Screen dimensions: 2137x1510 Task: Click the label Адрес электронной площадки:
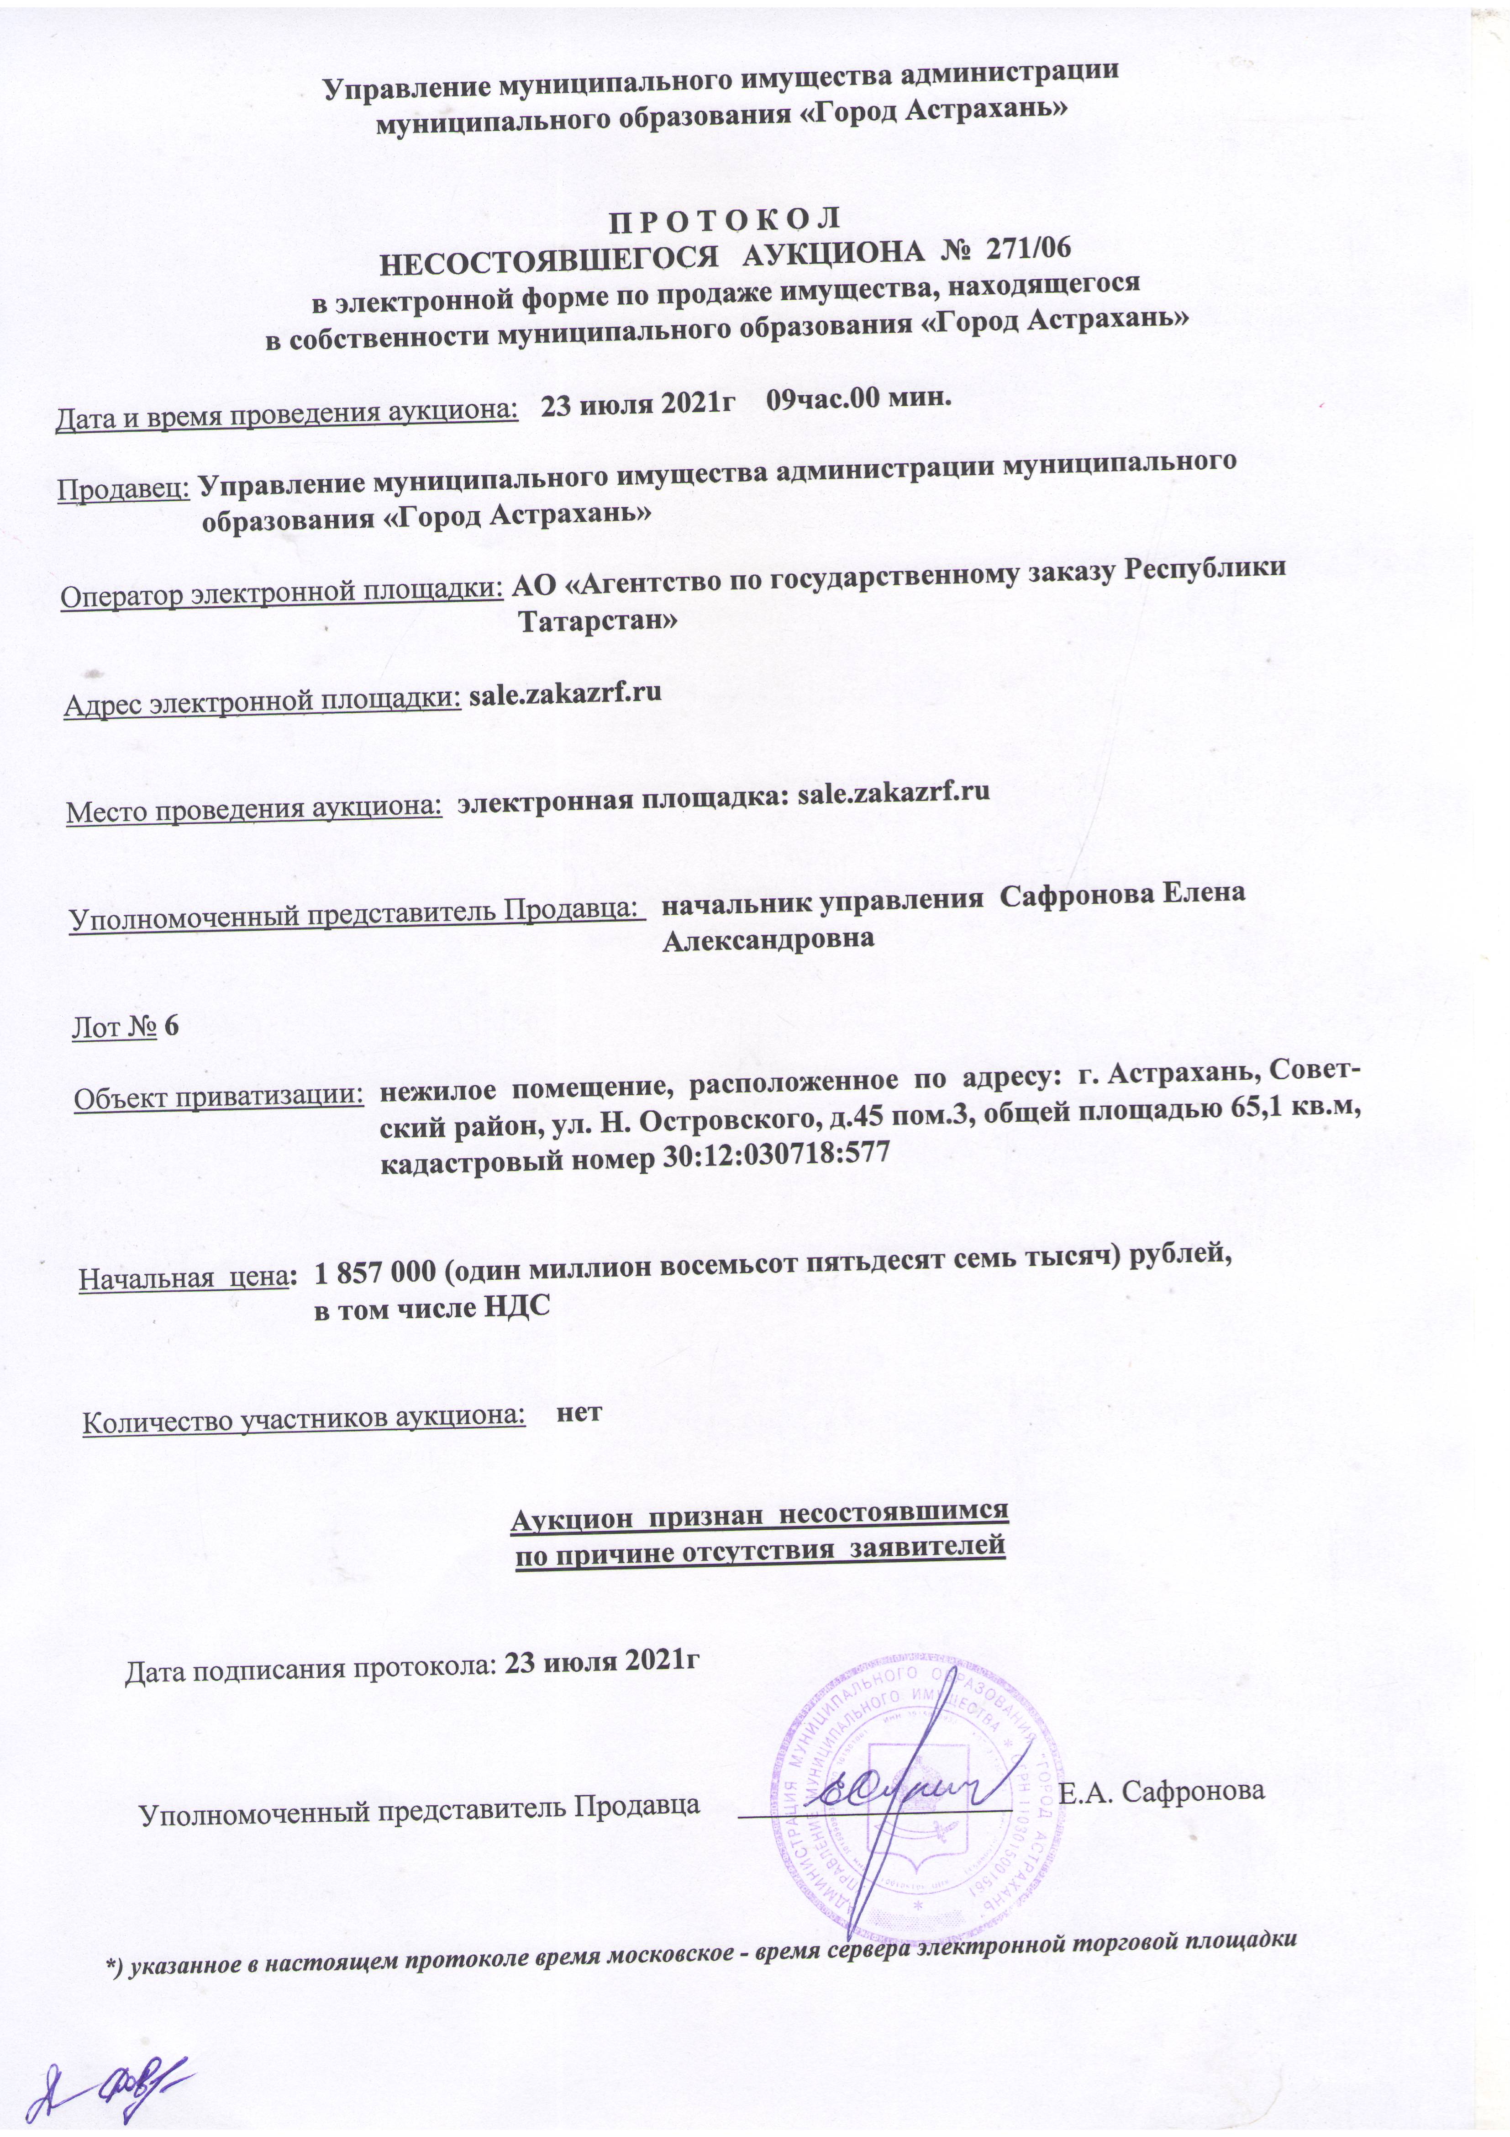click(263, 703)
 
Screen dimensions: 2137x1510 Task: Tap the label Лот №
click(114, 1028)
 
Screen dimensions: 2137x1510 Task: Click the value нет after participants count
click(579, 1436)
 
